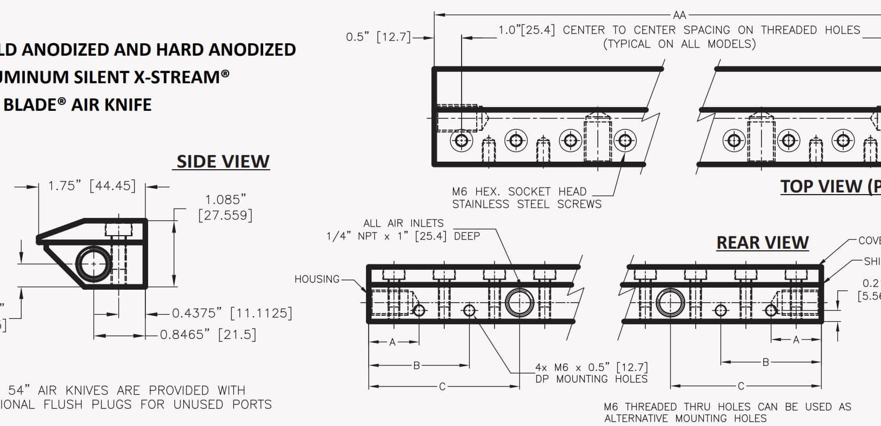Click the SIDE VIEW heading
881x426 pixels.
pyautogui.click(x=223, y=162)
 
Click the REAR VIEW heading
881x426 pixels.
pyautogui.click(x=762, y=243)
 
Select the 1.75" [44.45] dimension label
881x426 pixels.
pyautogui.click(x=91, y=186)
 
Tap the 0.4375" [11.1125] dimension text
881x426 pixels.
pyautogui.click(x=232, y=313)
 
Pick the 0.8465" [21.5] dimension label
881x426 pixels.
pyautogui.click(x=208, y=335)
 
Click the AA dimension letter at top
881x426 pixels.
pyautogui.click(x=679, y=15)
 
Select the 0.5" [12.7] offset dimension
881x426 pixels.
pyautogui.click(x=378, y=37)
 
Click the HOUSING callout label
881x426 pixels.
pyautogui.click(x=317, y=279)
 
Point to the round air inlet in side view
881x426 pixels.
pyautogui.click(x=94, y=264)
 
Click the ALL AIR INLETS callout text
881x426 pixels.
pyautogui.click(x=403, y=223)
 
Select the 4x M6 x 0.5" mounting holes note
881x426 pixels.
pyautogui.click(x=591, y=373)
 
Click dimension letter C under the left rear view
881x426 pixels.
pyautogui.click(x=442, y=387)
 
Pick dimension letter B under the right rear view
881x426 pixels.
pyautogui.click(x=765, y=362)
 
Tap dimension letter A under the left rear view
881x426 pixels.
pyautogui.click(x=392, y=342)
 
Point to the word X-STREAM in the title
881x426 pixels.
pyautogui.click(x=181, y=77)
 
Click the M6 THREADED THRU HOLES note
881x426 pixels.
pyautogui.click(x=727, y=412)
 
